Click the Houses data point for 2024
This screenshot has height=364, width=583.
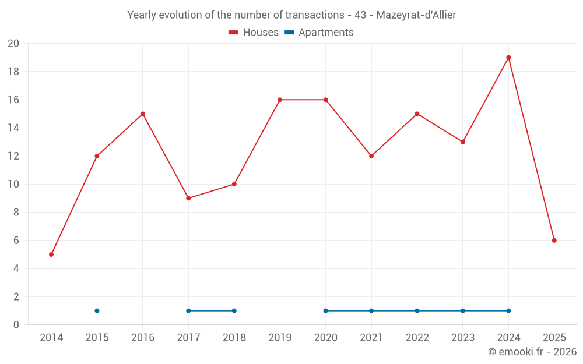pos(508,58)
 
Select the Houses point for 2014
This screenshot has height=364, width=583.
pos(51,255)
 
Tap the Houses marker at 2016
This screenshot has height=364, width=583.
pos(143,114)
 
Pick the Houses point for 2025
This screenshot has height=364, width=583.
pos(554,241)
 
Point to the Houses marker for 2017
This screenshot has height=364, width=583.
pos(188,198)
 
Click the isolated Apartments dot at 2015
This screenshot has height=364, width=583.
pos(97,310)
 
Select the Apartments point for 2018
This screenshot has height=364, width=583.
pos(234,310)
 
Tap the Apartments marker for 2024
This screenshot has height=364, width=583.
pos(508,310)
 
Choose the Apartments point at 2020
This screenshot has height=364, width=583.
pos(325,310)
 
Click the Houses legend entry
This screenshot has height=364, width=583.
pos(254,33)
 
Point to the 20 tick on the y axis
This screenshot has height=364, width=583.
pos(13,44)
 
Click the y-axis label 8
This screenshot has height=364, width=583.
pos(16,213)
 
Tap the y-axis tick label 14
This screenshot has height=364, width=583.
pos(13,128)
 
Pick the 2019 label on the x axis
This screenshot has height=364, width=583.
pos(280,338)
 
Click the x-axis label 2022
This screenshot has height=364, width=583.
pos(417,338)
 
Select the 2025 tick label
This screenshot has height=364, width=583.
pos(554,338)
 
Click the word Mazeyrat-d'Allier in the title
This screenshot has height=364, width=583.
pos(416,15)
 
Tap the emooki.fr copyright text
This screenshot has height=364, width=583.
pos(532,352)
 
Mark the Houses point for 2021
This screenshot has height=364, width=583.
pos(371,156)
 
